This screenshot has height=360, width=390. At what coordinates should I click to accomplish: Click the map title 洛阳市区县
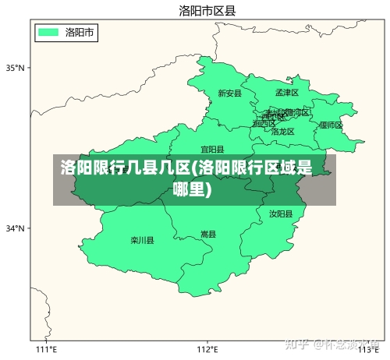coord(207,10)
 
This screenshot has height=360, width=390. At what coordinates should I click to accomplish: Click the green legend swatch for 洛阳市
coord(48,32)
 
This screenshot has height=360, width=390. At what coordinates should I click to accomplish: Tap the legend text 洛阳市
coord(80,32)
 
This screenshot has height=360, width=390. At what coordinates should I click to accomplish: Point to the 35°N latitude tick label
coord(16,68)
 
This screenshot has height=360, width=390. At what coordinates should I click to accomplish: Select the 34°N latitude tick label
coord(16,228)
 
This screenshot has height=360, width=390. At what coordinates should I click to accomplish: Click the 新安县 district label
coord(229,94)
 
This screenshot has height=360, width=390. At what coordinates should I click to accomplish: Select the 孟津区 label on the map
coord(287,92)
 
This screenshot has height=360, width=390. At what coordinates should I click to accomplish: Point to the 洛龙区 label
coord(283,132)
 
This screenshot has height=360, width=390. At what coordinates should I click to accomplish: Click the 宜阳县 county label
coord(212,149)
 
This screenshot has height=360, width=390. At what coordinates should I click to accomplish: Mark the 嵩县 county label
coord(208,234)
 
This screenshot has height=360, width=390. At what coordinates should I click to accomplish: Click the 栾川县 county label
coord(142,240)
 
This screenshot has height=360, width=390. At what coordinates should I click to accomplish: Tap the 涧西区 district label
coord(264,123)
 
